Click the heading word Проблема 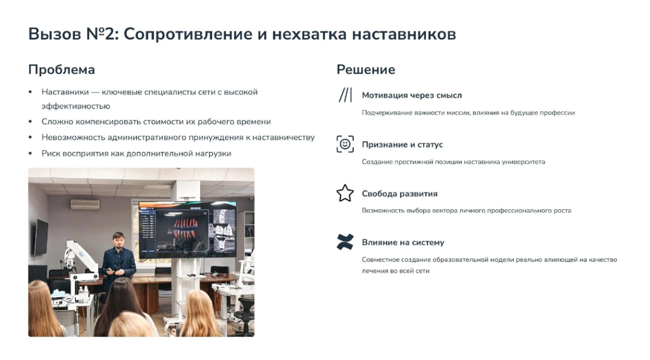(61, 70)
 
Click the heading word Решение (366, 70)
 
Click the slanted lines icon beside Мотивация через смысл (345, 95)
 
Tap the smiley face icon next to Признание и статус (345, 144)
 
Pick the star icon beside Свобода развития (345, 193)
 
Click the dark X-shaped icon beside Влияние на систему (345, 242)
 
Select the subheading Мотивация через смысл (412, 95)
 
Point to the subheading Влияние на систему (403, 242)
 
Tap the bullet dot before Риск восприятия (30, 153)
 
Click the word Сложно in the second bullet (55, 122)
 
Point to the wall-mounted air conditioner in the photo (85, 204)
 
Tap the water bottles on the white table (82, 293)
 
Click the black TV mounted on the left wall (40, 237)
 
